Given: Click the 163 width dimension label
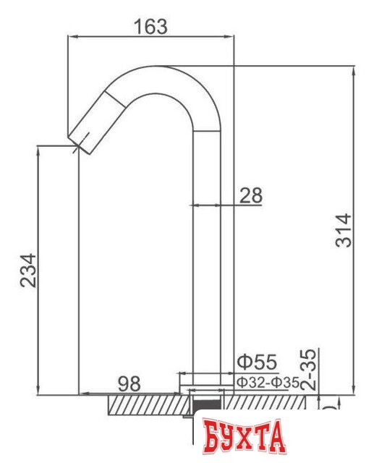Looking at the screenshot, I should click(x=150, y=27).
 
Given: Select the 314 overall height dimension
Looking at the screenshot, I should click(x=344, y=230).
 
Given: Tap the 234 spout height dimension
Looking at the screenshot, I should click(x=28, y=270).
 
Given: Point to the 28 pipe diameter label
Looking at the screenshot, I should click(x=250, y=195).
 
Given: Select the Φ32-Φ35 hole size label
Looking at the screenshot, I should click(x=261, y=381).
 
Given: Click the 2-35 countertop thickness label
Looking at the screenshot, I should click(x=307, y=369).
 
